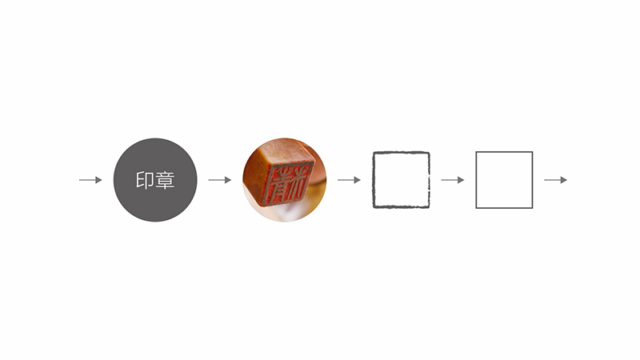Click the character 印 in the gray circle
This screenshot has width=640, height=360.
coord(144,181)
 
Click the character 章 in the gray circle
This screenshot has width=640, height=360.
coord(164,181)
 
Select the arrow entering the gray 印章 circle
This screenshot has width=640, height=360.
coord(90,180)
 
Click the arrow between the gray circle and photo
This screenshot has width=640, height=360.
coord(219,180)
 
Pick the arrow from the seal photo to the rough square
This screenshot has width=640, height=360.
coord(349,180)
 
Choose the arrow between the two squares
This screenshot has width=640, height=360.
coord(452,180)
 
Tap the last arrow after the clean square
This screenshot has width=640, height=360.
coord(555,180)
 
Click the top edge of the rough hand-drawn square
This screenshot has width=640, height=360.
coord(401,153)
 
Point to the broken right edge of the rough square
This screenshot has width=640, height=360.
coord(429,180)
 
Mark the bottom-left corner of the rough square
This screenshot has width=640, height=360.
coord(374,206)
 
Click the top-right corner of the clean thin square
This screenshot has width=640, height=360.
coord(532,152)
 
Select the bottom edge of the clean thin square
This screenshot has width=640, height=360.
coord(504,208)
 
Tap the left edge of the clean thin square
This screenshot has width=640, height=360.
coord(476,180)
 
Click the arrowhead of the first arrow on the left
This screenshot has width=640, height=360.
coord(98,180)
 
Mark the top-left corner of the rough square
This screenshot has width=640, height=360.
coord(374,154)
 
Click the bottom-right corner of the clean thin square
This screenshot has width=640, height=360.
coord(532,208)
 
